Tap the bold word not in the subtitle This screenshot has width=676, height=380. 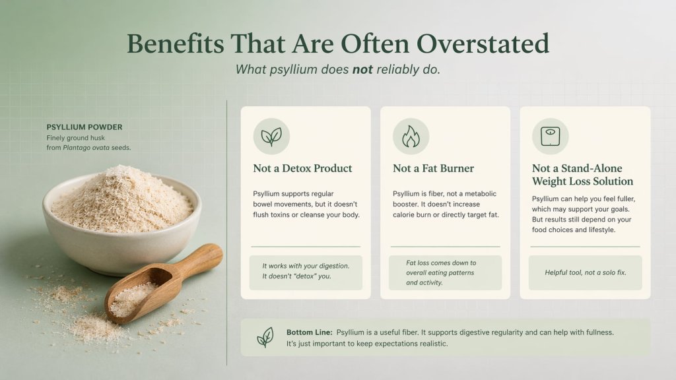point(362,69)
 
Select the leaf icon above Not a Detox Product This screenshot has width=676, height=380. point(271,137)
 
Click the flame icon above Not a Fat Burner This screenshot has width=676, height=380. point(411,137)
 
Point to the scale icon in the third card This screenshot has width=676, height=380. point(550,137)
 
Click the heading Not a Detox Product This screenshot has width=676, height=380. point(302,168)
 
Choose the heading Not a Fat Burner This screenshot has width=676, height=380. point(433,168)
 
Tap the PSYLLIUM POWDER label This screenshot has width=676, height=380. point(84,127)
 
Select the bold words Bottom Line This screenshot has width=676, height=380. point(310,332)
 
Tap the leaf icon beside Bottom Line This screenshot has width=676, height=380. point(265,337)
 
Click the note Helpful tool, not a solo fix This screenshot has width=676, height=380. point(585,272)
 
